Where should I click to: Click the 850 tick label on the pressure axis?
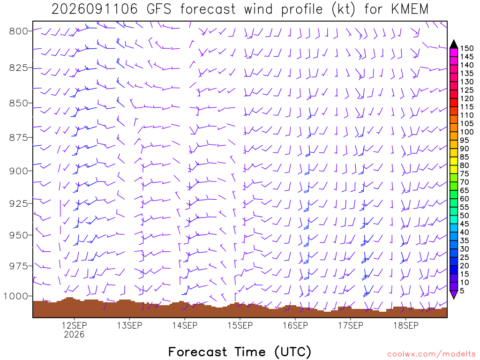(x=18, y=103)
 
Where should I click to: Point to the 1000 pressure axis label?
(x=15, y=296)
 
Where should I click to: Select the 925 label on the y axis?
(x=18, y=203)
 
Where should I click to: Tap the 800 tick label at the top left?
(x=18, y=31)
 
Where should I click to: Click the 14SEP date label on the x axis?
(x=185, y=325)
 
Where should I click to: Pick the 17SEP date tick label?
(x=351, y=325)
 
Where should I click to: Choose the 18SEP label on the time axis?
(x=406, y=325)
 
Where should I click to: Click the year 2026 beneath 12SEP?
(x=74, y=334)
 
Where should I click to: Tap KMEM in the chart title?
(x=410, y=9)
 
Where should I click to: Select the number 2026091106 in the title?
(x=95, y=9)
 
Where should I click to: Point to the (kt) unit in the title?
(x=344, y=9)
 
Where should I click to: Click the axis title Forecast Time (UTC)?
(x=240, y=352)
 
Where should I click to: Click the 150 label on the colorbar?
(x=466, y=48)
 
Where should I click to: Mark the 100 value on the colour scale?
(x=466, y=132)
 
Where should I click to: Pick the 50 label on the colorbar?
(x=465, y=216)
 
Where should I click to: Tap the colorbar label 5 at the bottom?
(x=462, y=291)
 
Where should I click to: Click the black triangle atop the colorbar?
(x=454, y=44)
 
